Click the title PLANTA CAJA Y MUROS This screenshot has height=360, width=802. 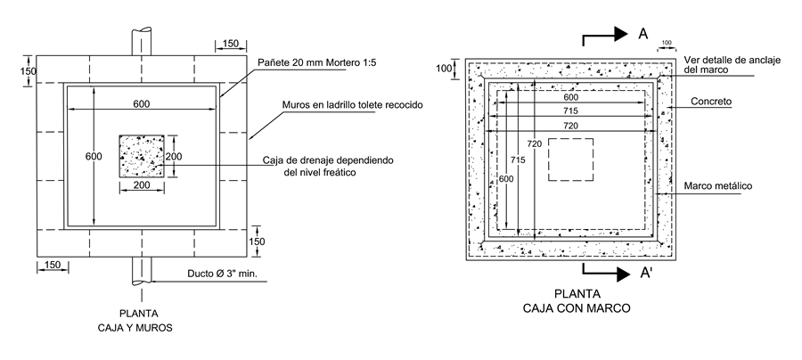coord(141,320)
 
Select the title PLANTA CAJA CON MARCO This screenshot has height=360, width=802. coord(578,301)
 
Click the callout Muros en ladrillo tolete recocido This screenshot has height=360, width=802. coord(351,105)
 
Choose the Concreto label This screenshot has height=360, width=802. coord(711,102)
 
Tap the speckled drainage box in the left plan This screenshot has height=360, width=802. coord(141,157)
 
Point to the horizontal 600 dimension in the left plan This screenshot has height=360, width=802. coord(142,104)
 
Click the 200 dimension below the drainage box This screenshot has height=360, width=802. coord(141,186)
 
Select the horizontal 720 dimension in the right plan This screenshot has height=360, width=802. coord(571,127)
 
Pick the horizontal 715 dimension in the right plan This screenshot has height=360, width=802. coord(571,110)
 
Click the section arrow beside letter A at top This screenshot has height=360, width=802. coord(603,36)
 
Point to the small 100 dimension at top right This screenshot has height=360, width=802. coord(666,42)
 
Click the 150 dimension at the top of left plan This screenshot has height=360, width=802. coord(230,43)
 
